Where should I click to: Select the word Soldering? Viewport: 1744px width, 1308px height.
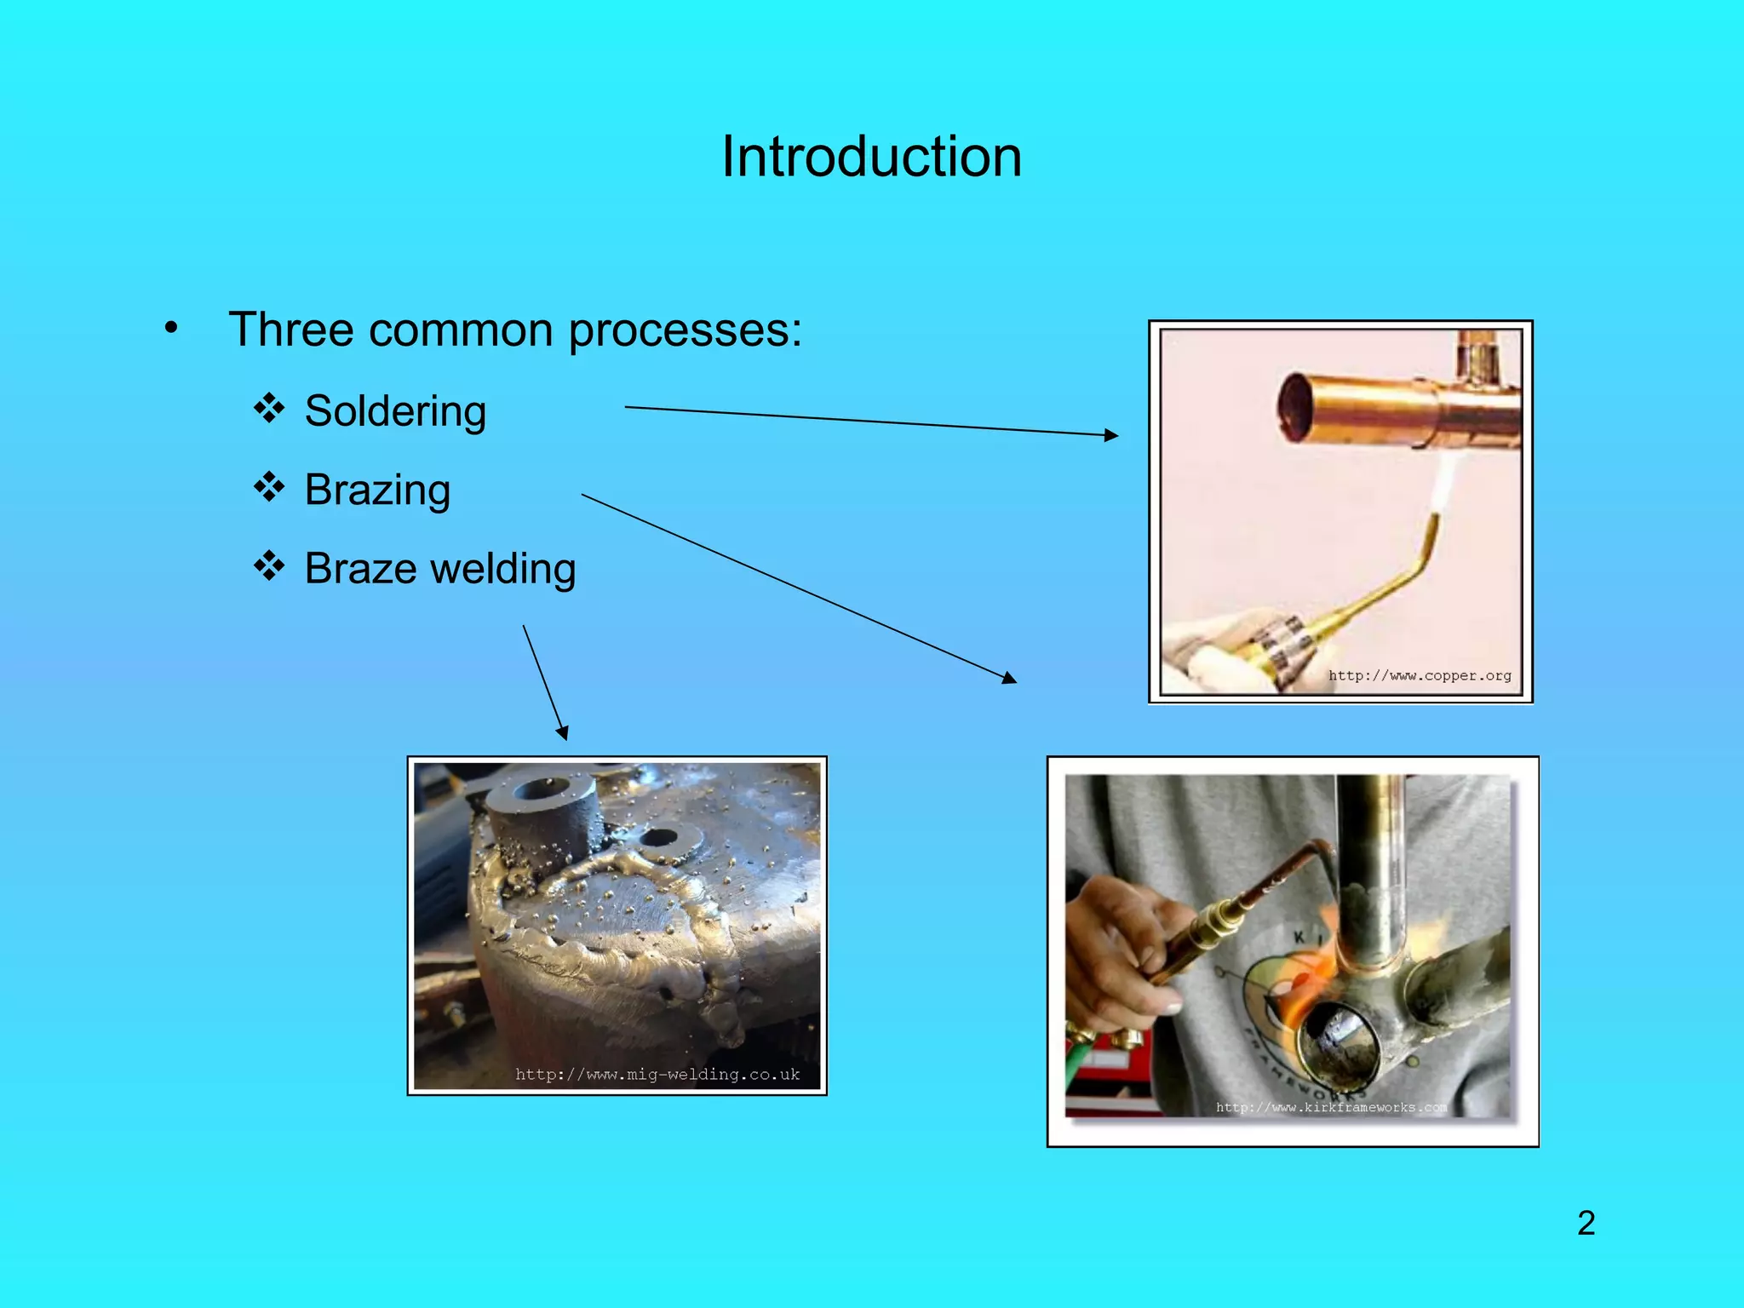click(x=395, y=411)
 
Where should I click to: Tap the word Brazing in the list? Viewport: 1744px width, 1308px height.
click(x=377, y=490)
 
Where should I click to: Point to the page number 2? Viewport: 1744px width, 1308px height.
click(x=1586, y=1223)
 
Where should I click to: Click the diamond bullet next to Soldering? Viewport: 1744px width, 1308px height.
click(x=269, y=408)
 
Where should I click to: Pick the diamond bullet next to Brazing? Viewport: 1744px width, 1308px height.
click(x=269, y=486)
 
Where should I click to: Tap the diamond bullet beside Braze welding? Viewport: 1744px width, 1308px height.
click(x=269, y=565)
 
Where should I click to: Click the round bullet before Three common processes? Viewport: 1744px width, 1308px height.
click(x=171, y=328)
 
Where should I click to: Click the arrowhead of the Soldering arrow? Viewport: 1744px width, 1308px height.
click(x=1111, y=435)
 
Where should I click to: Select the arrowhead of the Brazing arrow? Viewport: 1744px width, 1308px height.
click(x=1010, y=679)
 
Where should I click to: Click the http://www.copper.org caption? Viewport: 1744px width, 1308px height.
click(x=1420, y=675)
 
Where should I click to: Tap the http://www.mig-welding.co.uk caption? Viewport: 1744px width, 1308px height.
click(x=657, y=1075)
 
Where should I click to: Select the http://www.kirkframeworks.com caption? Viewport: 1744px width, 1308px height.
click(x=1331, y=1107)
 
